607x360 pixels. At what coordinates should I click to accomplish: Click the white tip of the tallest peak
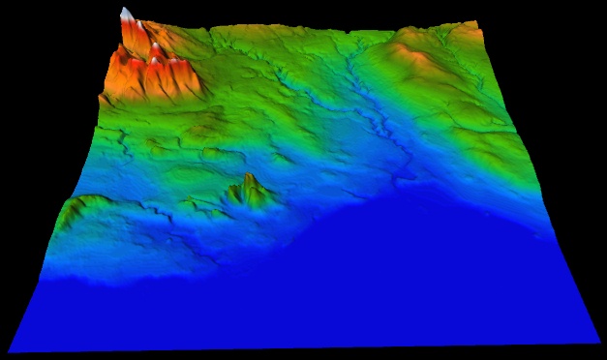[126, 13]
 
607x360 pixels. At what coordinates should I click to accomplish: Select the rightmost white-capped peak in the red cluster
[180, 66]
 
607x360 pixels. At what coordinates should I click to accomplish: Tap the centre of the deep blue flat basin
[368, 281]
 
